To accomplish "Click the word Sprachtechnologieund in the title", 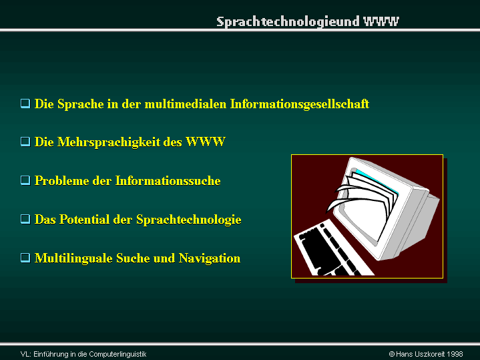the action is click(288, 22).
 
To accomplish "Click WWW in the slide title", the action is click(381, 21).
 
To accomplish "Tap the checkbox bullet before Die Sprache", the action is click(25, 104).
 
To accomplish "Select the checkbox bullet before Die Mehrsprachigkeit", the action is click(25, 142).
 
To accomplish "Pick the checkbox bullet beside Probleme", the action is click(25, 180).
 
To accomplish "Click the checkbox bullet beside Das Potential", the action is click(25, 219).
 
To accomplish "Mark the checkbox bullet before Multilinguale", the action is click(25, 258).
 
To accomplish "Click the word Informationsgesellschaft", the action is click(300, 104).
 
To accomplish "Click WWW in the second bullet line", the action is click(206, 142).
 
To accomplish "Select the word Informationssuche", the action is click(168, 181).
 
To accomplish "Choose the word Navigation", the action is click(210, 258).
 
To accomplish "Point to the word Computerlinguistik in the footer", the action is click(117, 354).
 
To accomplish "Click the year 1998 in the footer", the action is click(455, 354).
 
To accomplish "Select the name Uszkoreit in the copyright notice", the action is click(429, 354).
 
